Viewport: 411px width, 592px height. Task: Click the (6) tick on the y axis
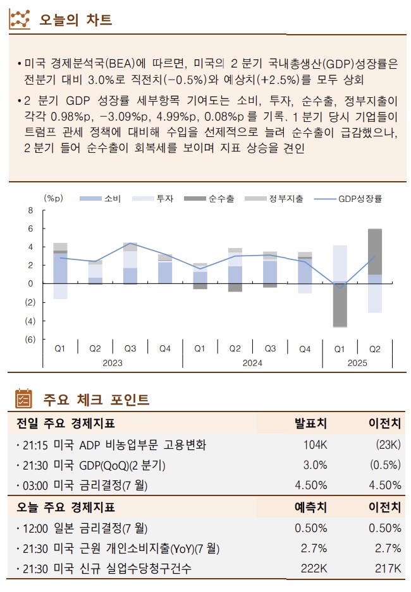click(x=29, y=340)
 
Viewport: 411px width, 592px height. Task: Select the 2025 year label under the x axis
click(x=357, y=363)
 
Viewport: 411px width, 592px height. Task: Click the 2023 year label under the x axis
click(x=113, y=363)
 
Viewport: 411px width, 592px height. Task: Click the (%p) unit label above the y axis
click(x=54, y=198)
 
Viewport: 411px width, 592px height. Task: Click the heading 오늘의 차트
click(x=75, y=20)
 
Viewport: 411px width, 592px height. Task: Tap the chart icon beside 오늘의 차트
click(x=20, y=20)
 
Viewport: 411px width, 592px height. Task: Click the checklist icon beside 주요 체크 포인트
click(x=23, y=399)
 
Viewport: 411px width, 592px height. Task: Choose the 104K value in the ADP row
click(x=315, y=444)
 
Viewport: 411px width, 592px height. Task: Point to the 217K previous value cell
click(x=388, y=569)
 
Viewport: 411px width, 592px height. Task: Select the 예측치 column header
click(x=310, y=507)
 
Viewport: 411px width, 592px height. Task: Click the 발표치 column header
click(x=310, y=423)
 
